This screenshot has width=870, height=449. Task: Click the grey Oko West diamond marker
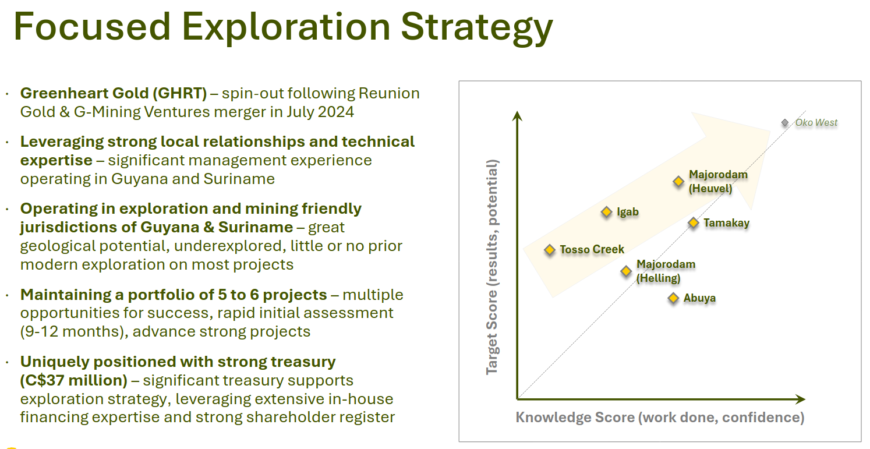click(x=785, y=123)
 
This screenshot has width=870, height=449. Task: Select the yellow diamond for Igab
click(x=606, y=212)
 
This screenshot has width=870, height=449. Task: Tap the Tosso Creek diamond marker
click(x=550, y=250)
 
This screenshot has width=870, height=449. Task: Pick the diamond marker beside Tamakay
click(x=694, y=223)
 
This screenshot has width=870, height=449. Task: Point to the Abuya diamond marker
click(x=673, y=298)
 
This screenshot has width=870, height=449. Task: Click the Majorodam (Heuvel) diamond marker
click(x=678, y=181)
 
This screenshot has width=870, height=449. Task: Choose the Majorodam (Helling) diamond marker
click(x=626, y=271)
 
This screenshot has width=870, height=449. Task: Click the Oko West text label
click(x=816, y=123)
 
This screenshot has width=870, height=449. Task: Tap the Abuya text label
click(x=699, y=298)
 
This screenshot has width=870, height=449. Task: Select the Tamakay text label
click(x=726, y=223)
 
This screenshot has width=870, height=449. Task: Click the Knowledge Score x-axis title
click(x=660, y=417)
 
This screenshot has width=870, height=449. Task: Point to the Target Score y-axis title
click(x=492, y=267)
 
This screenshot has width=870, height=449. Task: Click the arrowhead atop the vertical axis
click(x=517, y=116)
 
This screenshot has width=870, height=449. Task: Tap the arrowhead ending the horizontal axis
click(x=800, y=399)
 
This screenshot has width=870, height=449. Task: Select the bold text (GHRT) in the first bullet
click(x=179, y=93)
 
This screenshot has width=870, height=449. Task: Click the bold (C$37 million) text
click(x=74, y=380)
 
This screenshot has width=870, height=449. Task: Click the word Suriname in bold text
click(x=256, y=227)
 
